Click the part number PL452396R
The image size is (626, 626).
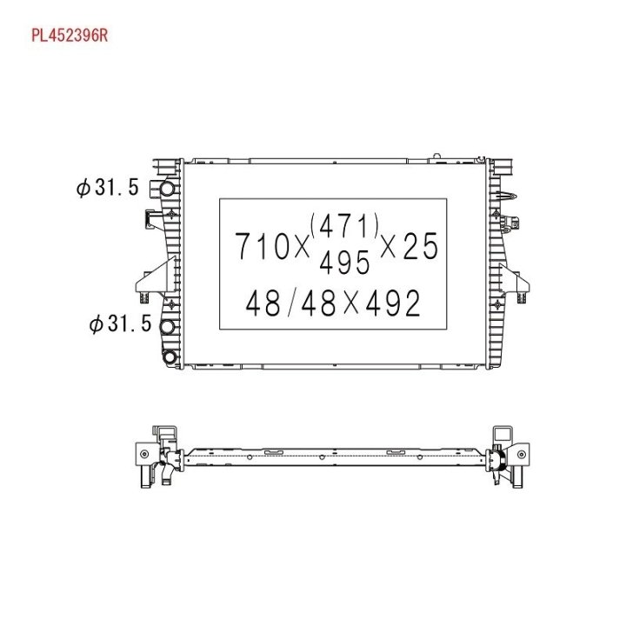pos(70,36)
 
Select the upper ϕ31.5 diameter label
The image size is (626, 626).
pos(108,187)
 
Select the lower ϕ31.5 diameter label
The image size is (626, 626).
pos(120,323)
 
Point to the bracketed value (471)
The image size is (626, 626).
pos(344,225)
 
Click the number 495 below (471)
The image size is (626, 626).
pos(344,263)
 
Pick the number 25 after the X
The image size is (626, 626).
pos(421,246)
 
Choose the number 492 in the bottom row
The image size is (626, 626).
pos(393,303)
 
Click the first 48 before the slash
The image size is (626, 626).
pos(263,303)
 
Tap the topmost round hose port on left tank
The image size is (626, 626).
pos(168,188)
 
